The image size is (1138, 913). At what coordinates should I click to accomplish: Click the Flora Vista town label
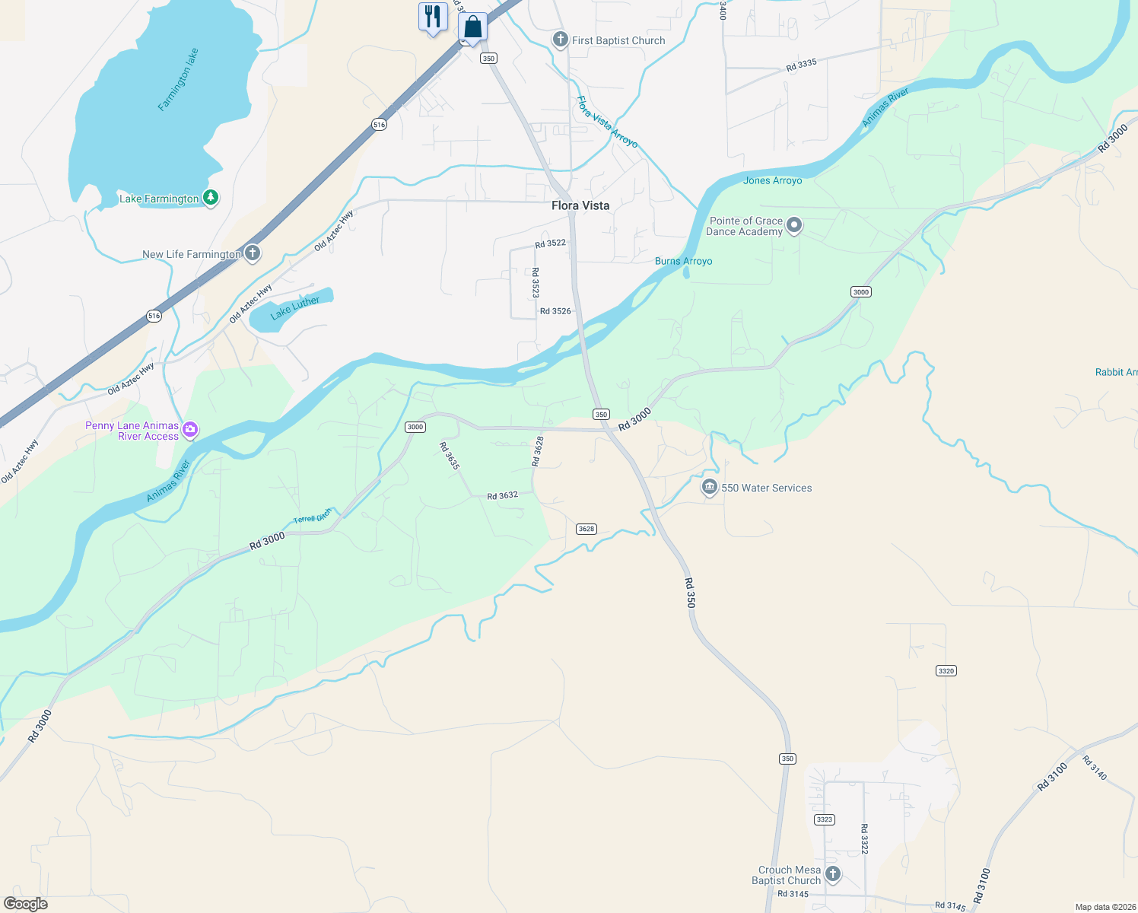[580, 205]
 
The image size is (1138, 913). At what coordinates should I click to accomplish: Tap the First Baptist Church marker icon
[561, 40]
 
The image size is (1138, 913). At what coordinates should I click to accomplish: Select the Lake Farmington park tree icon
[211, 198]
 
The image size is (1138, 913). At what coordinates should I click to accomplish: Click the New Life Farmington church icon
[253, 253]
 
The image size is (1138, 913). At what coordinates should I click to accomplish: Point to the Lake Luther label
[295, 307]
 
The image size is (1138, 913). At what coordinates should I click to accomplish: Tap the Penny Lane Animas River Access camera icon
[190, 430]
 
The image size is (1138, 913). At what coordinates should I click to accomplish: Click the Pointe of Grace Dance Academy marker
[794, 225]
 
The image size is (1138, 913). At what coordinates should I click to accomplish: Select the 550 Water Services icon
[710, 487]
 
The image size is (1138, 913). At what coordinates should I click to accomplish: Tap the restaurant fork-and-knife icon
[433, 16]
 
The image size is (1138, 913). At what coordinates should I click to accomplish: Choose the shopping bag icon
[472, 27]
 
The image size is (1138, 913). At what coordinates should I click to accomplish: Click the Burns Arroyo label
[683, 261]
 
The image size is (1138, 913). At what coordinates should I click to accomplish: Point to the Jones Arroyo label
[772, 180]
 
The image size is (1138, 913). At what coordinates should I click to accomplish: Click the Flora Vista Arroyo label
[606, 122]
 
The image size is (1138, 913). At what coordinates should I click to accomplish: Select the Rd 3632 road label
[502, 495]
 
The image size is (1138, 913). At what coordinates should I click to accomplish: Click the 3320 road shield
[946, 671]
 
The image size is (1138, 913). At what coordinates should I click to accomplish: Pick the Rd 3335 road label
[801, 65]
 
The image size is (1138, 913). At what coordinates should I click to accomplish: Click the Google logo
[25, 903]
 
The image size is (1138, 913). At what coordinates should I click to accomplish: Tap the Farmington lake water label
[178, 80]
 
